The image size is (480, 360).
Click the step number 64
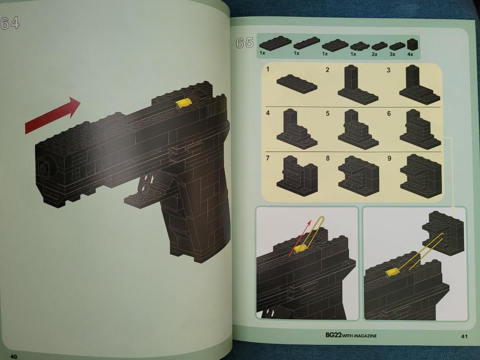[x=10, y=23]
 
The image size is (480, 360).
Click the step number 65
[x=244, y=43]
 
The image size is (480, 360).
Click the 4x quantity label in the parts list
[x=410, y=54]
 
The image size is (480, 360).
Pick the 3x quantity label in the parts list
[x=392, y=54]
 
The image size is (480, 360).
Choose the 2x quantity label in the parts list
[x=374, y=54]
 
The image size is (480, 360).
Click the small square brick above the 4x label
[x=412, y=44]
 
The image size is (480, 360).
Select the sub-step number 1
[x=268, y=69]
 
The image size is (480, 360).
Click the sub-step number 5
[x=328, y=113]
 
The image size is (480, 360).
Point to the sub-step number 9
[x=389, y=159]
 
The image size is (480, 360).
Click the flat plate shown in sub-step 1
[x=296, y=84]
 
